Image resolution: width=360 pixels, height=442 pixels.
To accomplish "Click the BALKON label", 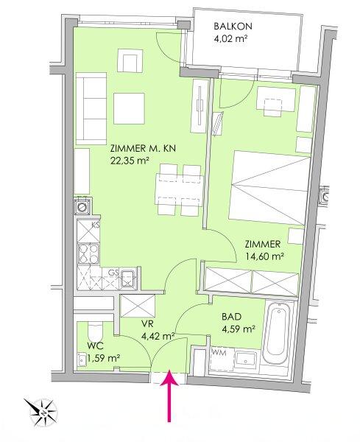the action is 233,27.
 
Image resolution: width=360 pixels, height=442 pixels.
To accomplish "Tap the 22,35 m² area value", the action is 130,161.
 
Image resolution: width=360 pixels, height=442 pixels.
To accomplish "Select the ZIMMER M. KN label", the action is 144,148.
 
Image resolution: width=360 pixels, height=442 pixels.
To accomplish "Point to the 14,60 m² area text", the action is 264,256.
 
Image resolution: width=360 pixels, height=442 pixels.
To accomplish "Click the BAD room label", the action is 231,317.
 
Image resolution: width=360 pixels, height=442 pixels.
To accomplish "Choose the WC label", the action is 95,345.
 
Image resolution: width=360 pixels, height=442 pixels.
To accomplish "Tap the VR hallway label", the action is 147,324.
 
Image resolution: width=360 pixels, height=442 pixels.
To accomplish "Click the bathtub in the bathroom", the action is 278,333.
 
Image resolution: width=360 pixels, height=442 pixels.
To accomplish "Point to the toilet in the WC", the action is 94,332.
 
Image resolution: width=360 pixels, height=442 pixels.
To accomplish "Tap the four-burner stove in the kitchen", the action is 89,253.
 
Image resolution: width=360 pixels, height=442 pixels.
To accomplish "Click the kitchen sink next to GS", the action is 128,278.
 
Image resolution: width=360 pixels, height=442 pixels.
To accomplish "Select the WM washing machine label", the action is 219,353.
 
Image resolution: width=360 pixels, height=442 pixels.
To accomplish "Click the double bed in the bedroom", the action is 269,186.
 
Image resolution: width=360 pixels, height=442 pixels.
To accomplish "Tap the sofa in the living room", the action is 91,108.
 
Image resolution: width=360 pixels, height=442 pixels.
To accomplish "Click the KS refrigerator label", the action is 95,225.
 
